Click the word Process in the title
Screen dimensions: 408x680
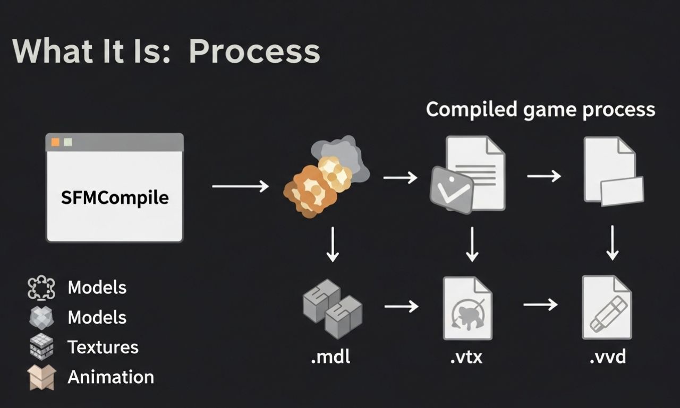[254, 51]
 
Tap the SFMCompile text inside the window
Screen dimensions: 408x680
[115, 197]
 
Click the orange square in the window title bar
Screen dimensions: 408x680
[55, 142]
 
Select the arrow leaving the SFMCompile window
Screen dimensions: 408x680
[240, 186]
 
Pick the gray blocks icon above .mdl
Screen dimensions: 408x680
[332, 308]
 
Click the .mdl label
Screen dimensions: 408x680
[330, 357]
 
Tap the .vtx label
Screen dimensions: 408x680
[466, 357]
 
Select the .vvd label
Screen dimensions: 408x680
[607, 357]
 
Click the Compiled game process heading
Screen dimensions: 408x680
[540, 110]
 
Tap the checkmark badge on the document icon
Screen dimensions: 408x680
[451, 189]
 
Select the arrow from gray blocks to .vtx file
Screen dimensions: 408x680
[401, 306]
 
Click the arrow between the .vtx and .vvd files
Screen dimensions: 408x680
[540, 305]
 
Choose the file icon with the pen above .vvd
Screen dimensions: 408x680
[607, 307]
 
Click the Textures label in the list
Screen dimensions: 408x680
[103, 347]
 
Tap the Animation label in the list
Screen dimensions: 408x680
[110, 377]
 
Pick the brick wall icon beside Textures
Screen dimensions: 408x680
[41, 348]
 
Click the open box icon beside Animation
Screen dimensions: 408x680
[41, 377]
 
